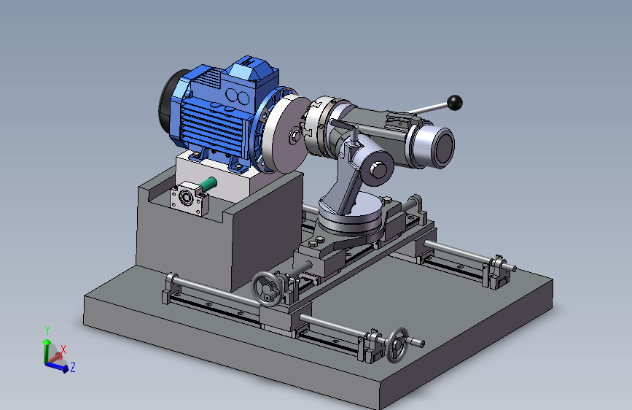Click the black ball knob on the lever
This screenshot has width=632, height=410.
[x=455, y=102]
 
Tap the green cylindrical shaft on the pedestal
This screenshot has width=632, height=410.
[x=208, y=184]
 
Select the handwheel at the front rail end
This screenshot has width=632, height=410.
[x=397, y=345]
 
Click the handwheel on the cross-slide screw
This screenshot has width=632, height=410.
[x=266, y=289]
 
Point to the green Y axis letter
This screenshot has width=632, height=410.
[x=47, y=330]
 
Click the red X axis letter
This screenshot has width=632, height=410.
[x=63, y=349]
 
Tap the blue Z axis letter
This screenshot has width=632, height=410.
[x=73, y=367]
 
